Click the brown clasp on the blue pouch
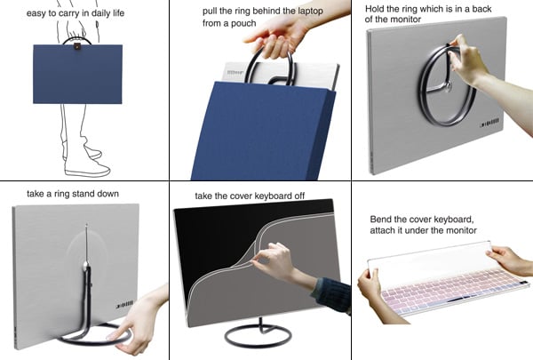77,46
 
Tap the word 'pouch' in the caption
243,24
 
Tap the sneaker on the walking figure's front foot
87,169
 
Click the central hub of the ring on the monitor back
449,87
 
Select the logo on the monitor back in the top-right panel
489,123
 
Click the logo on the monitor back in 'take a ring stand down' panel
124,304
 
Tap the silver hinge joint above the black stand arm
85,263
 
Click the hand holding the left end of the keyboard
370,286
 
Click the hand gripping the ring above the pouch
278,37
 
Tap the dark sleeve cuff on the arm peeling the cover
331,295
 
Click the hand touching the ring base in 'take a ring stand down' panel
133,325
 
